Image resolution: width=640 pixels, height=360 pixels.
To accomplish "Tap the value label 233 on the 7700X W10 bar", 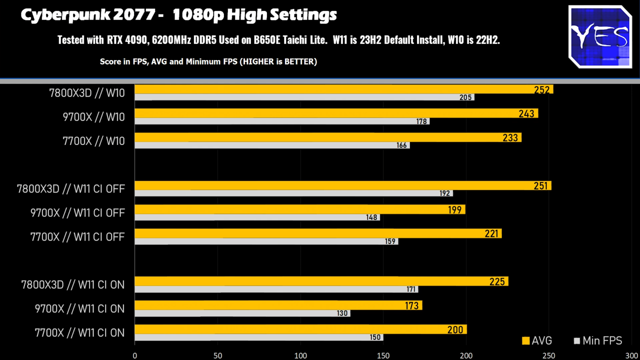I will point(510,137).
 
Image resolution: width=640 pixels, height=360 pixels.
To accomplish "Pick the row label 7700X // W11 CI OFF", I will point(77,236).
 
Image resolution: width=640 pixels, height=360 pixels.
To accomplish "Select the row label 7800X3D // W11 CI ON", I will point(73,284).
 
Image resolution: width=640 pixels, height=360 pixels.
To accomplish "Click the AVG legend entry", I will point(537,341).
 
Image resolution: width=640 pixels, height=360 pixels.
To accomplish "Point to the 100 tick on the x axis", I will point(300,355).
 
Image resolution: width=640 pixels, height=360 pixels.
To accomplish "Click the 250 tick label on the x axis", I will point(549,355).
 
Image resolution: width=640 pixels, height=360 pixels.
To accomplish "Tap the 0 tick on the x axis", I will point(135,355).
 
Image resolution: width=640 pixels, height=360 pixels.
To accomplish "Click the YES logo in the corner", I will point(600,36).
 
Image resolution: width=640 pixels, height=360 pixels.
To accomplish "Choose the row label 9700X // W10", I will point(94,117).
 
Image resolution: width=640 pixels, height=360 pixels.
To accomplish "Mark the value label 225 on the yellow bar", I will point(497,281).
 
